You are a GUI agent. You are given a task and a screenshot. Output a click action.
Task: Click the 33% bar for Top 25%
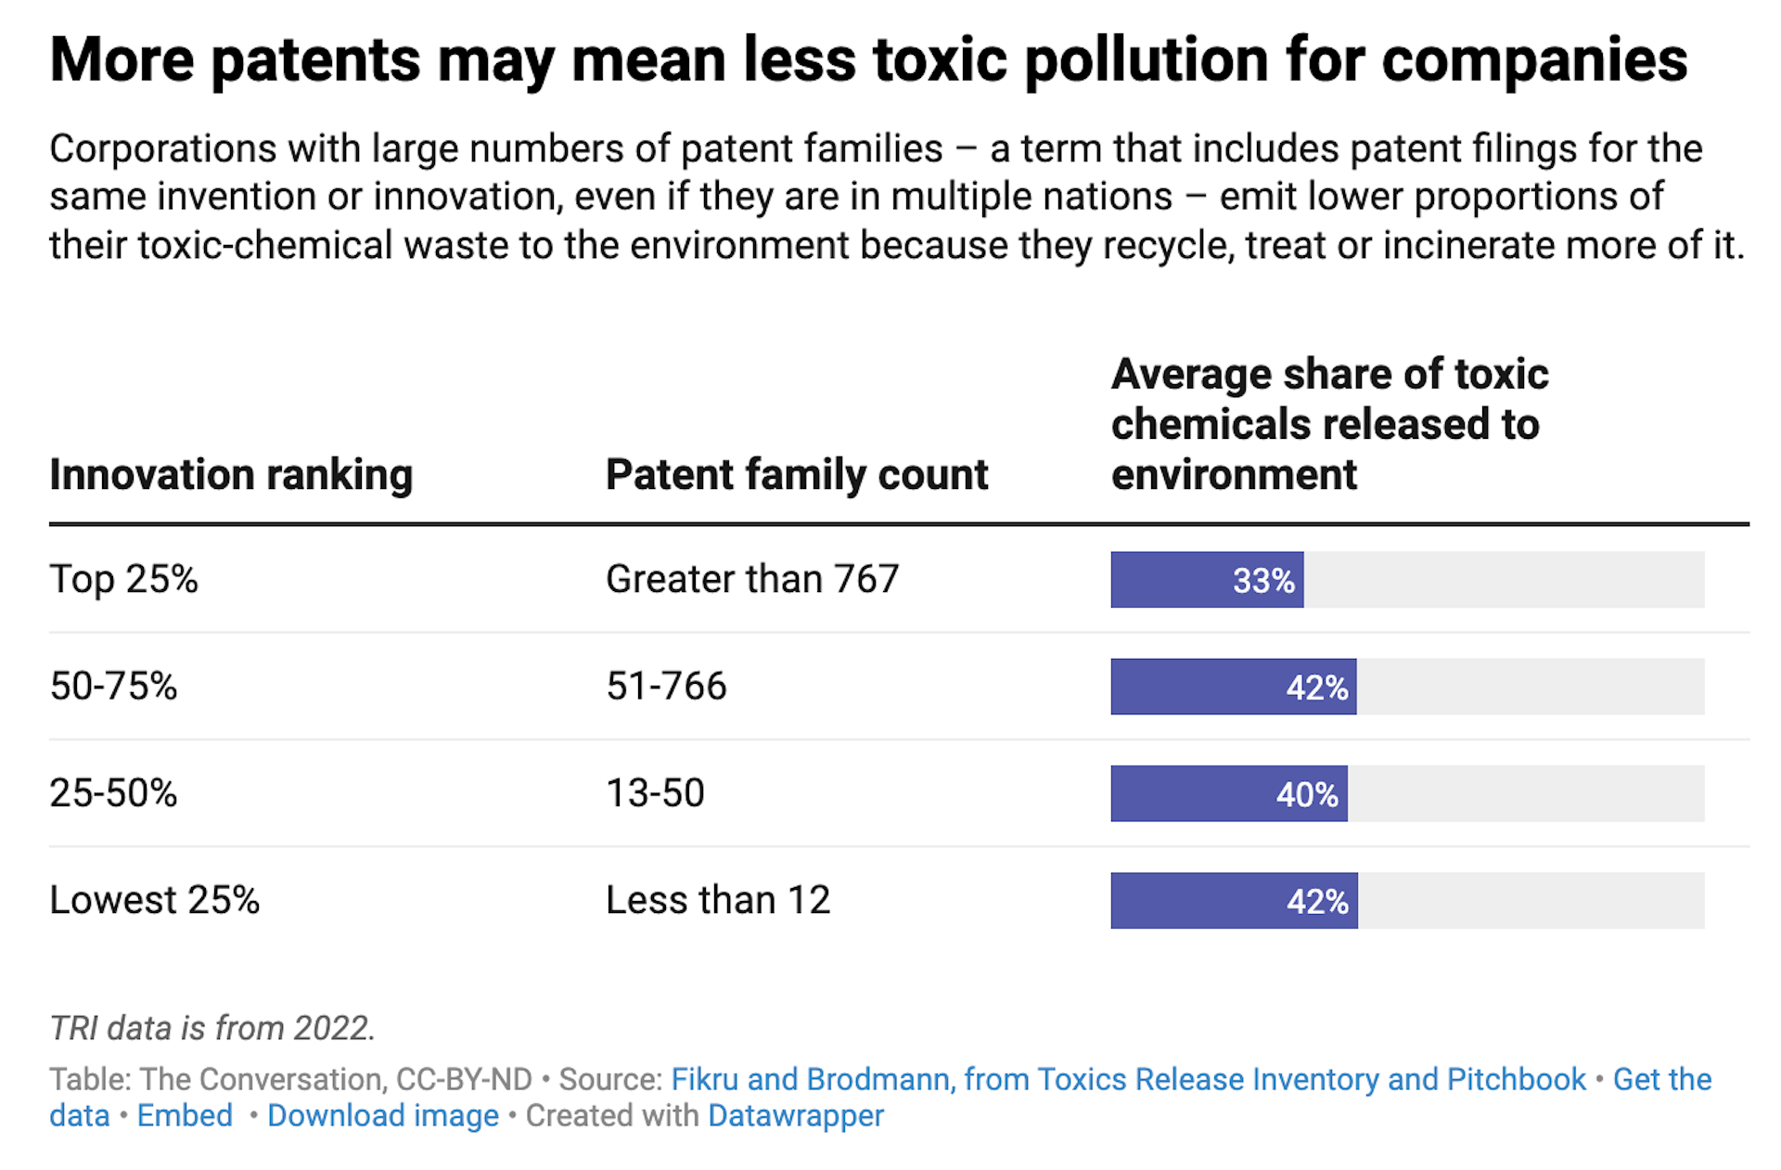[1206, 580]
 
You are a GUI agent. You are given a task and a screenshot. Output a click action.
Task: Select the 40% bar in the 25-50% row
[1228, 793]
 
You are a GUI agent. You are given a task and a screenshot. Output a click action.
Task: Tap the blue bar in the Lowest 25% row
[1233, 900]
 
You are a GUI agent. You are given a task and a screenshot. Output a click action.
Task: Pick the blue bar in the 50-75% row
[1233, 687]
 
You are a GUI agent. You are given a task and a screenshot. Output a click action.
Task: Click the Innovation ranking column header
[231, 475]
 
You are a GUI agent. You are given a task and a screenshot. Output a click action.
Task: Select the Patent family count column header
[797, 475]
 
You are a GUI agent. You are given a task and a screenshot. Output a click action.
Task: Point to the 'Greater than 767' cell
[752, 580]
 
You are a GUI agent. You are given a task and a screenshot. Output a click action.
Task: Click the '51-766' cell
[666, 687]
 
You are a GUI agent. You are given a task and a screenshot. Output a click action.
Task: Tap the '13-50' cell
[655, 793]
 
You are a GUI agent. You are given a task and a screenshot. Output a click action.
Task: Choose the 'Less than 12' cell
[717, 900]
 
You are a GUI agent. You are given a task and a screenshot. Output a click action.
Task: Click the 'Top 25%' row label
[123, 580]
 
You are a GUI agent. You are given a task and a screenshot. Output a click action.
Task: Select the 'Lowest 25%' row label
[154, 900]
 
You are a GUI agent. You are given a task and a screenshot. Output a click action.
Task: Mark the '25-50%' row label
[113, 793]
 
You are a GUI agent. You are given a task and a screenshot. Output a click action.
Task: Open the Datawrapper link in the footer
[795, 1115]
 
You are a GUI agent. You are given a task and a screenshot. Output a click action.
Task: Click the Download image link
[382, 1115]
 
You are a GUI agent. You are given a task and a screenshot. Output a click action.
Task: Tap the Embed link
[185, 1115]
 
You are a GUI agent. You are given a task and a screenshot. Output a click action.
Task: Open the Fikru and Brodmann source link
[1128, 1079]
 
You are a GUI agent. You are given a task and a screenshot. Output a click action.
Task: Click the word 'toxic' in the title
[940, 60]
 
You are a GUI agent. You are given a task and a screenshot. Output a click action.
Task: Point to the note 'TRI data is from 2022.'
[212, 1028]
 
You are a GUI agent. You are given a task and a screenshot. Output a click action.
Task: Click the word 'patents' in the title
[315, 60]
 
